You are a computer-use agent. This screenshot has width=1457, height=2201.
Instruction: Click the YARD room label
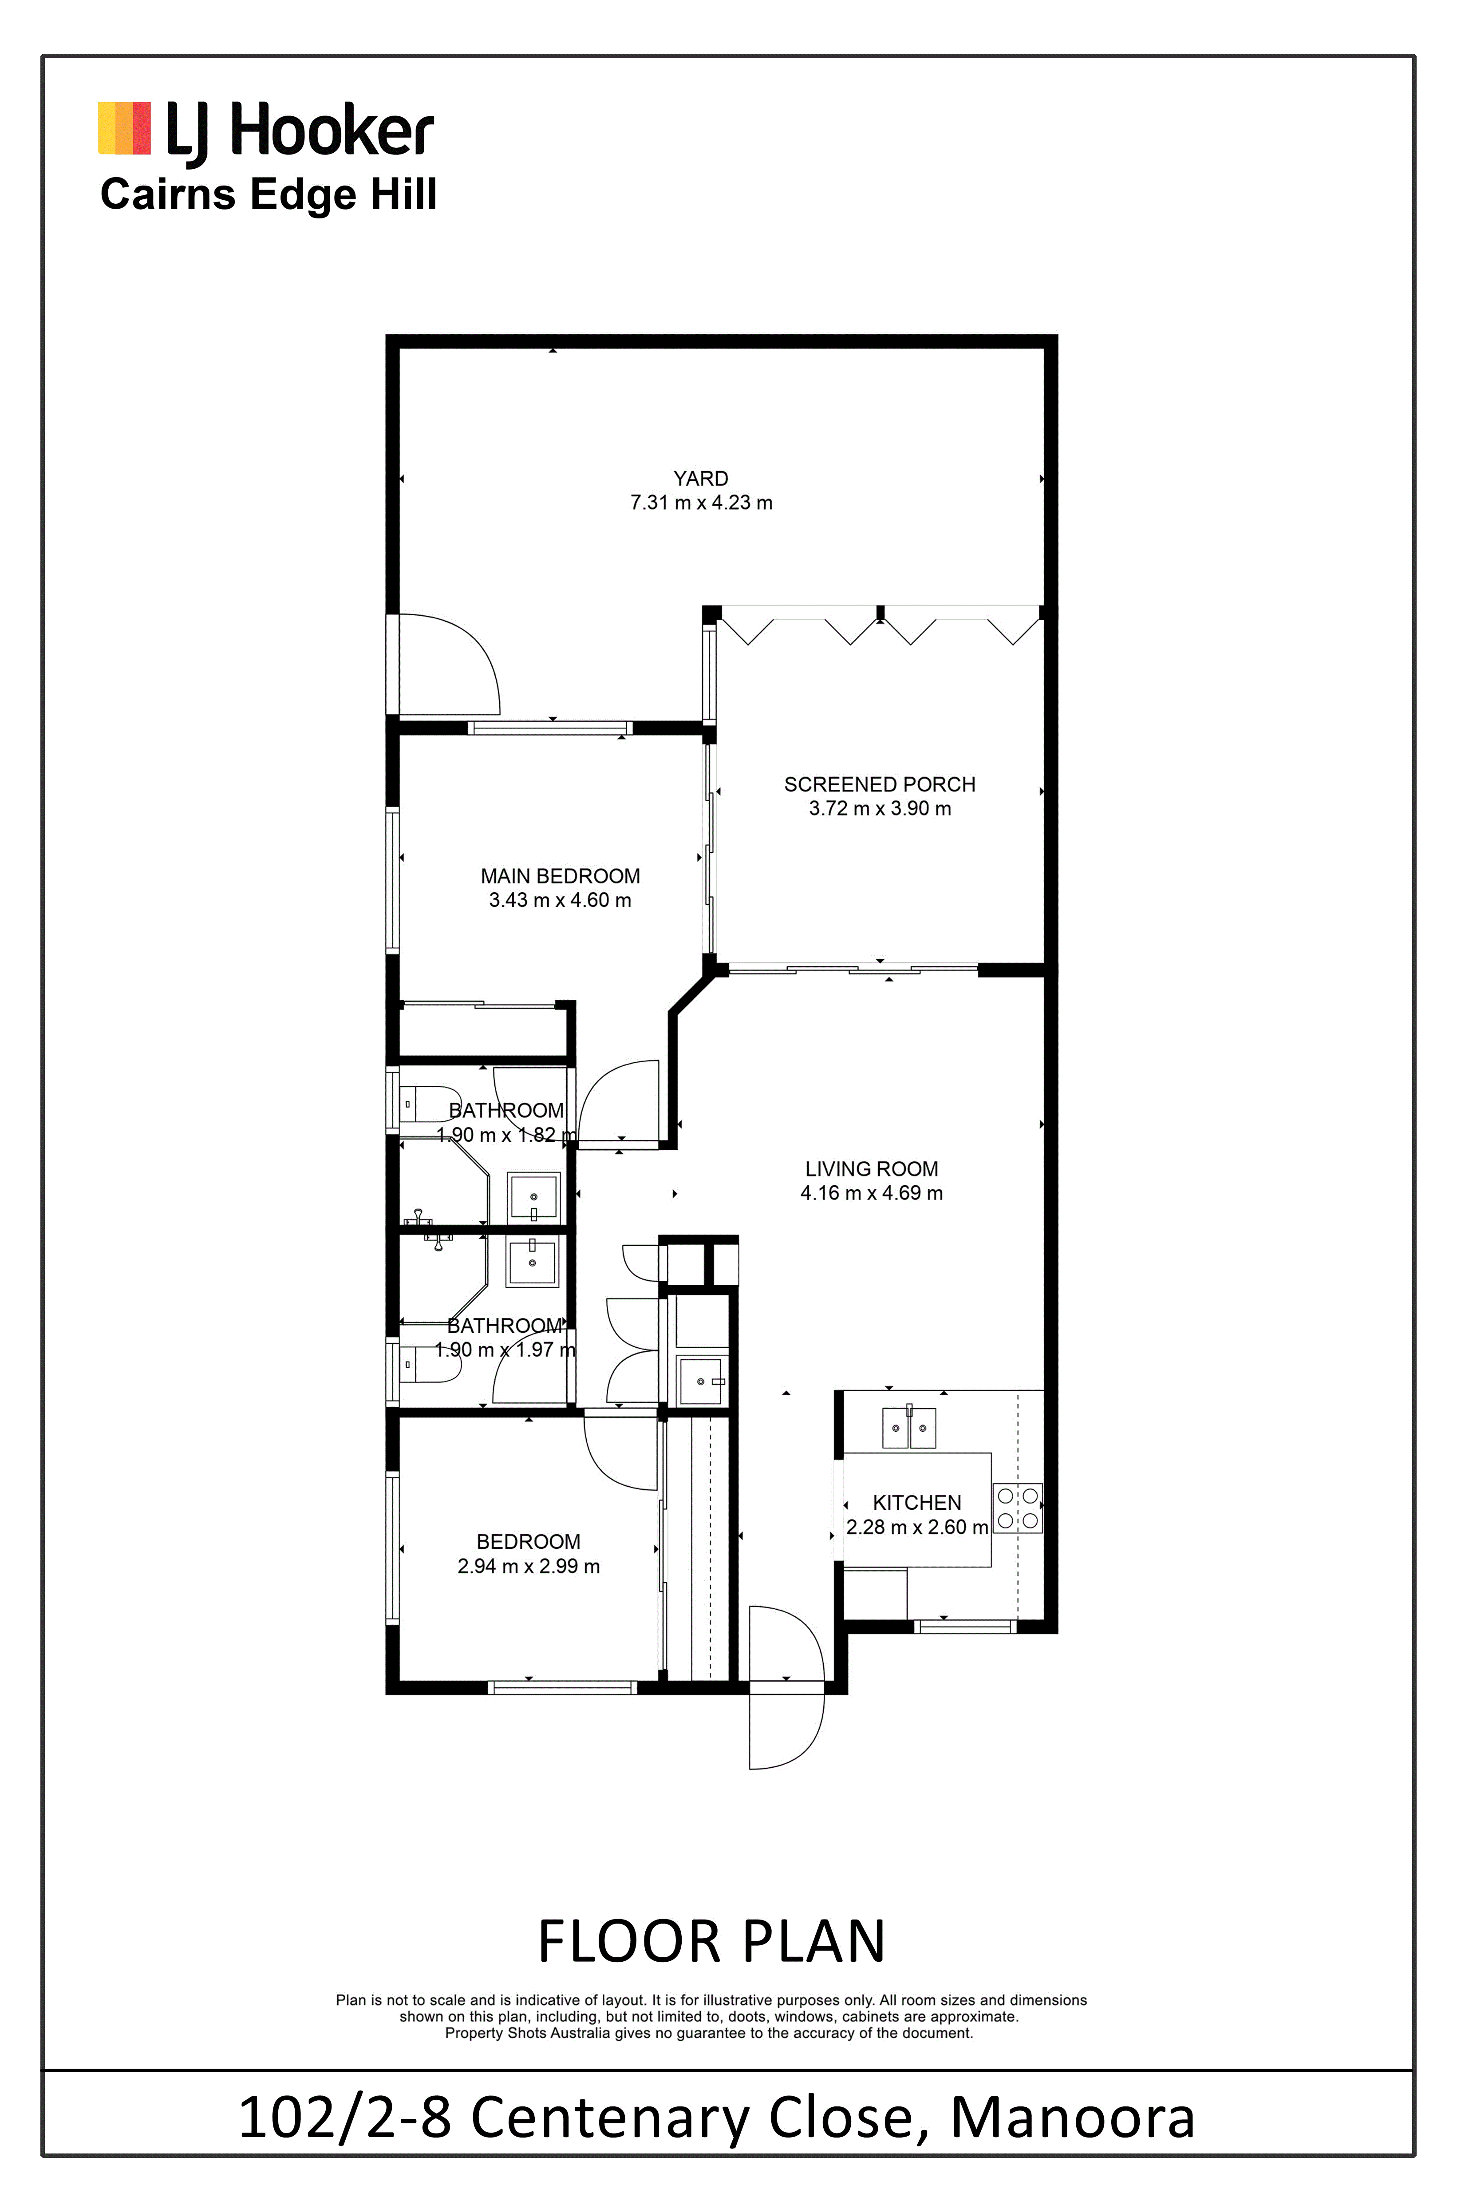coord(701,479)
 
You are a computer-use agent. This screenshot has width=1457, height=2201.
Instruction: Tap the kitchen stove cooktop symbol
coord(1018,1508)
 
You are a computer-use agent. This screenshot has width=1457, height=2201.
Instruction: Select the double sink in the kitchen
coord(909,1428)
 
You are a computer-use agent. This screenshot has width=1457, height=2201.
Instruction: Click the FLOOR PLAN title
coord(712,1942)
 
